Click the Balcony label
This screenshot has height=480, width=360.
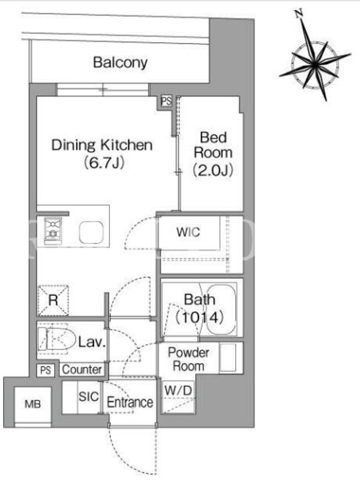tap(120, 63)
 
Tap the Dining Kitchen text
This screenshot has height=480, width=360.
tap(102, 145)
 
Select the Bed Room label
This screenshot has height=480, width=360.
tap(213, 145)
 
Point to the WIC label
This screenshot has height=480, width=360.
tap(188, 232)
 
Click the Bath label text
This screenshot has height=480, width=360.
tap(199, 299)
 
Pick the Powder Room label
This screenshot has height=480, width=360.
tap(188, 359)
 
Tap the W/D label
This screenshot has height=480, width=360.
tap(178, 391)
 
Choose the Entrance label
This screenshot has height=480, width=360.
tap(130, 402)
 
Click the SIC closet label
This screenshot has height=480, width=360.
tap(88, 397)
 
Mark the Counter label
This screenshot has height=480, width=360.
tap(82, 370)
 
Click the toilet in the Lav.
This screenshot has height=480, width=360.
tap(56, 339)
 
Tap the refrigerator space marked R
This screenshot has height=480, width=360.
tap(53, 301)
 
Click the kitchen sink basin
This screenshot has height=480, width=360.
tap(91, 232)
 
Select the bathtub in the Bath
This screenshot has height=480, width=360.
tap(221, 310)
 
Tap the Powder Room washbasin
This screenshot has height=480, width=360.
tap(228, 358)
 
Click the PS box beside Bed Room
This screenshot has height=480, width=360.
tap(167, 101)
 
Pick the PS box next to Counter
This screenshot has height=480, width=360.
tap(46, 370)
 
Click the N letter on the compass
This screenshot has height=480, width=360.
tap(298, 13)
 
